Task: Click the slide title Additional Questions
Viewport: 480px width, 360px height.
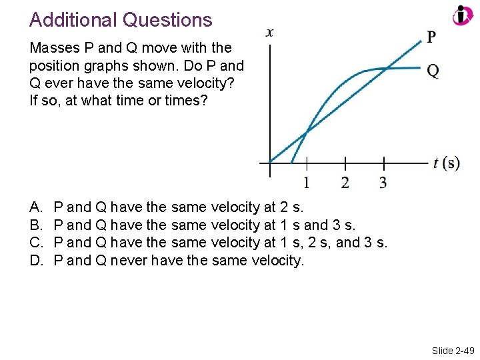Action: point(121,20)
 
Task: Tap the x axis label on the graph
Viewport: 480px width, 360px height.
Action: point(269,32)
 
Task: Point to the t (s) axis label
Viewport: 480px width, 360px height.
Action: point(446,163)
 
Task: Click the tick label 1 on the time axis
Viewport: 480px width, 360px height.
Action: point(307,182)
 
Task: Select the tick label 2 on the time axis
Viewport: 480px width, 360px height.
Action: point(345,182)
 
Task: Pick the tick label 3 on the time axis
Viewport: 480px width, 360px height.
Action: point(383,182)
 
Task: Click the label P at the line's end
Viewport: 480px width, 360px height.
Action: point(432,37)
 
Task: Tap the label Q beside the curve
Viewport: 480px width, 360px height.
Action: point(433,71)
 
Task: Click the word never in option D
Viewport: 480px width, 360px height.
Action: point(129,260)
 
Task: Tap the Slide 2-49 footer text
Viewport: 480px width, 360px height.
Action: point(451,350)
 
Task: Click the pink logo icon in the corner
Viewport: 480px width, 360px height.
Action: point(462,15)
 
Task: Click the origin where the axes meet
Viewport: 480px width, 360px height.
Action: point(269,162)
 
